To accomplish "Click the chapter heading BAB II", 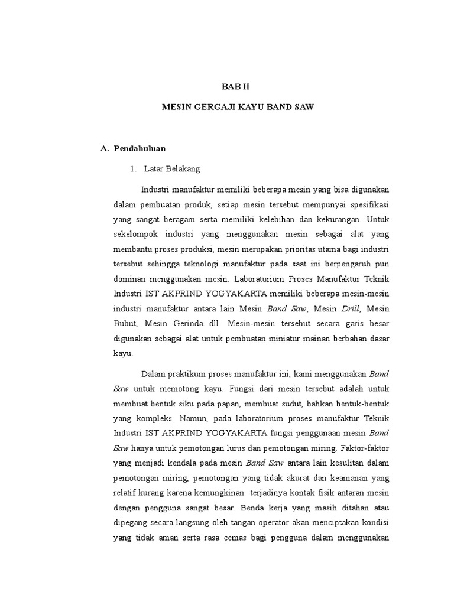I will tap(236, 86).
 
